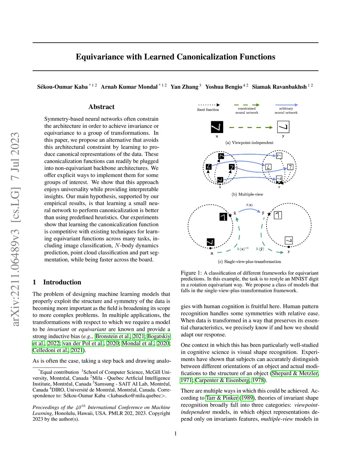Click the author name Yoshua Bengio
click(224, 87)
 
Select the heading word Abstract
click(101, 107)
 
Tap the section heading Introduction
click(62, 282)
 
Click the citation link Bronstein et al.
click(112, 336)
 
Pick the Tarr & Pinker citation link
click(222, 398)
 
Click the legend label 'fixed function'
click(208, 110)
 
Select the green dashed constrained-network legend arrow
click(246, 105)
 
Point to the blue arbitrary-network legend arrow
click(286, 105)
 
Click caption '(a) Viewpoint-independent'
click(249, 142)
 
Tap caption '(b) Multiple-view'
click(247, 194)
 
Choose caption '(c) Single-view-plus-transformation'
click(249, 262)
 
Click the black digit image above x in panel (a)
click(217, 127)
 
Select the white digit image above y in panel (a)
click(283, 127)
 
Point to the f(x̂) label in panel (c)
click(249, 205)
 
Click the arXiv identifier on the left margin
click(15, 229)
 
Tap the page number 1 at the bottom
click(175, 434)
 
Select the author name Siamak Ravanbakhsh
click(279, 87)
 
